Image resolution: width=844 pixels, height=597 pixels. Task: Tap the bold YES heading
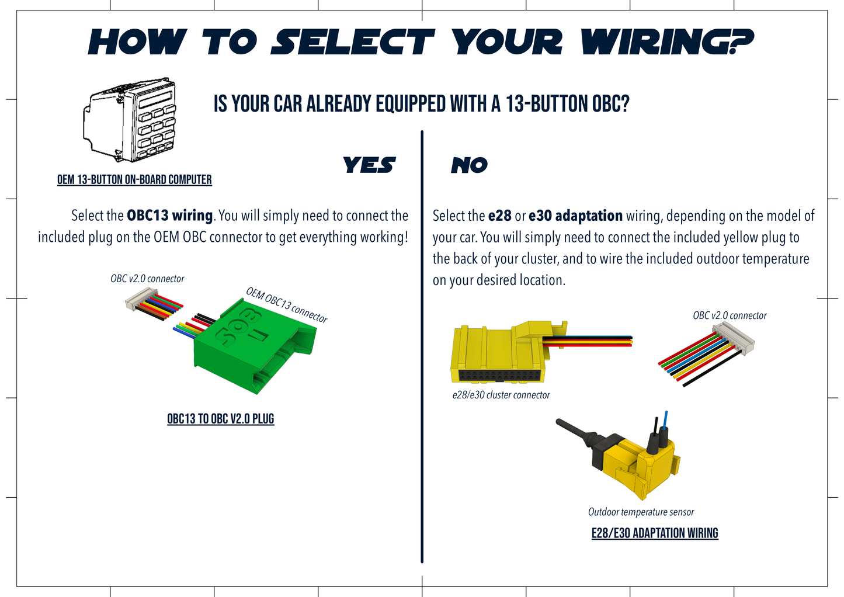coord(369,165)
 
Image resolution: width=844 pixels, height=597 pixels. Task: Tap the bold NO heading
coord(469,166)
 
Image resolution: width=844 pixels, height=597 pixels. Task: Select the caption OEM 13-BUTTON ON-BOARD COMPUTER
coord(134,180)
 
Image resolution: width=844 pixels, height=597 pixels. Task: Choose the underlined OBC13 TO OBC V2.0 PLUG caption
coord(220,419)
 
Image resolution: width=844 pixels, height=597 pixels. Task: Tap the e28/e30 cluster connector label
coord(501,395)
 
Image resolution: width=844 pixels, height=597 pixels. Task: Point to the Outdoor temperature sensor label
coord(641,512)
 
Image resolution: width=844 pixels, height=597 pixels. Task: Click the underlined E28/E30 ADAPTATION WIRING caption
coord(655,533)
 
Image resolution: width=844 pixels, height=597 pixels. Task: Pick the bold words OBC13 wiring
coord(169,216)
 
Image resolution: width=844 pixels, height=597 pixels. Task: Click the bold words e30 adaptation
coord(575,216)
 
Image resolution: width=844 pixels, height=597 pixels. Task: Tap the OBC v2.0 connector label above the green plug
coord(147,279)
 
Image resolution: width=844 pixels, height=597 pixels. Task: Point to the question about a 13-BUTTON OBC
coord(421,104)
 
